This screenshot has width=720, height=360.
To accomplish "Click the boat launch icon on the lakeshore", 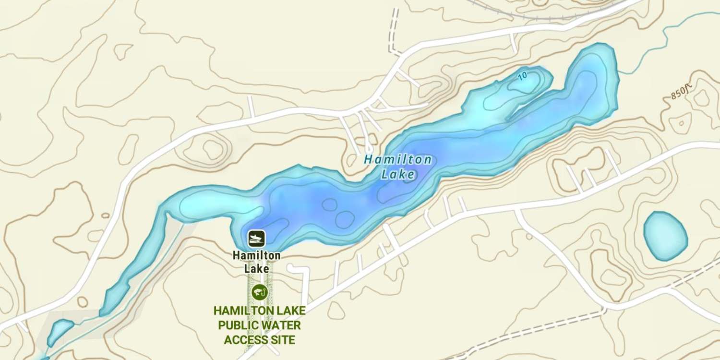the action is point(256,238).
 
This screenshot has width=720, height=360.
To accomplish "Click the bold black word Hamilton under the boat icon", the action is point(256,256).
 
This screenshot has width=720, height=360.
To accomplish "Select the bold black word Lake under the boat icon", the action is point(256,268).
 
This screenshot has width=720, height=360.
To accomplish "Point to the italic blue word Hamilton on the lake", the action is point(397,160).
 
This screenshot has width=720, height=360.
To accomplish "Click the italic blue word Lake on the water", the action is point(397,174).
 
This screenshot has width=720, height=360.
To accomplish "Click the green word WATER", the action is point(281,326).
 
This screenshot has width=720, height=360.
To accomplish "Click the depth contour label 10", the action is point(523,75).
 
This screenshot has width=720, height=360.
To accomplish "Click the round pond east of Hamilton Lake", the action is point(665,236).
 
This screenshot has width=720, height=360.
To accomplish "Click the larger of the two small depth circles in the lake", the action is point(344,219).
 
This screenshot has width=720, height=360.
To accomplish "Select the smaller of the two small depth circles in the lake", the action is point(329,205).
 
